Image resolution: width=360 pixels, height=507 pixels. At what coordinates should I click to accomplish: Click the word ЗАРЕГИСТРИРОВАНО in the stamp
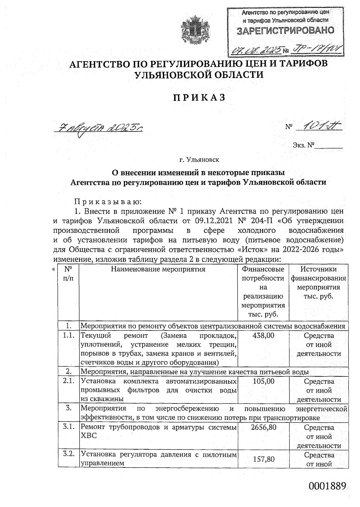[x=285, y=31]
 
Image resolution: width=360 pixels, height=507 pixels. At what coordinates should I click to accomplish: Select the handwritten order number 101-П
[x=319, y=126]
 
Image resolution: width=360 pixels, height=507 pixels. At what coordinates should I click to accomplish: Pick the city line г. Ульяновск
[x=199, y=159]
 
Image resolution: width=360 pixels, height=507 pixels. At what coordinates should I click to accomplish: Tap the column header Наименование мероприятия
[x=158, y=269]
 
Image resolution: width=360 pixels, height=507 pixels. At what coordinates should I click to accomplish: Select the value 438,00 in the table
[x=264, y=335]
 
